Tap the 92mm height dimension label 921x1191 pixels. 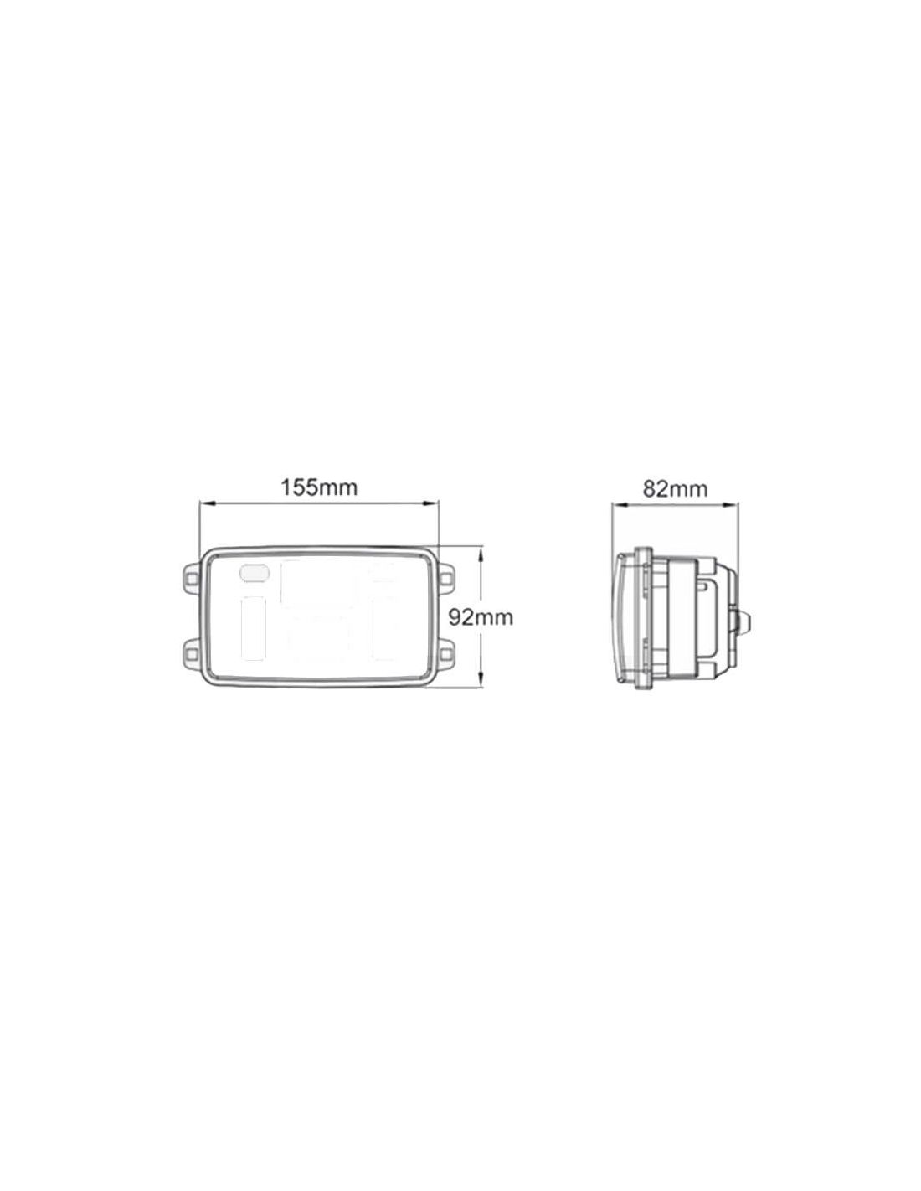[x=481, y=618]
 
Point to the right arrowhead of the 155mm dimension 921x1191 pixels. [x=433, y=503]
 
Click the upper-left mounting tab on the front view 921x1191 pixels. [x=191, y=577]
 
